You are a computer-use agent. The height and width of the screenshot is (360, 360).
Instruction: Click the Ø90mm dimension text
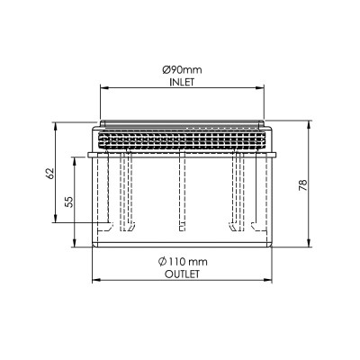pyautogui.click(x=182, y=70)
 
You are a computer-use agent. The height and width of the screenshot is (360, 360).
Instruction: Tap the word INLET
pyautogui.click(x=182, y=82)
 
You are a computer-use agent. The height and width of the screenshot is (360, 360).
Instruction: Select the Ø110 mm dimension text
pyautogui.click(x=183, y=262)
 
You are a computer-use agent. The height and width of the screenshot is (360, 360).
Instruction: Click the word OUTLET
pyautogui.click(x=182, y=274)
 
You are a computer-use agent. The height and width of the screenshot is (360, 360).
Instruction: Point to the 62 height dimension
pyautogui.click(x=50, y=173)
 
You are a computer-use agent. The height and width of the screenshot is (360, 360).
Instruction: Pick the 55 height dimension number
pyautogui.click(x=69, y=202)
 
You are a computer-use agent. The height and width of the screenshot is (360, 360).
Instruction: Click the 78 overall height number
pyautogui.click(x=303, y=185)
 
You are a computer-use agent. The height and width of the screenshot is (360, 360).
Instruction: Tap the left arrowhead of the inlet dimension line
pyautogui.click(x=103, y=88)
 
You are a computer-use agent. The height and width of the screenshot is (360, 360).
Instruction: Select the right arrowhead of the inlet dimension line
pyautogui.click(x=260, y=88)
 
